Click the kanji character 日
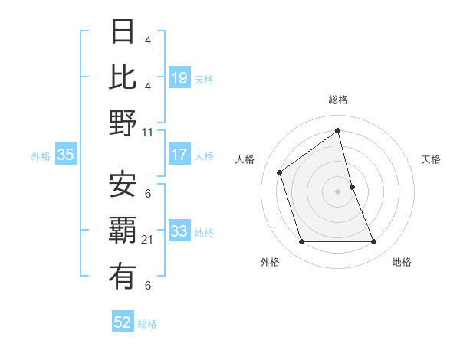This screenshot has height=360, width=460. tap(123, 31)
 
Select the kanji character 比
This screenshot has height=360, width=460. tap(123, 77)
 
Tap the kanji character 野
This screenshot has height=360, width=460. tap(123, 123)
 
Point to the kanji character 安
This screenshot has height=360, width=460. tap(123, 184)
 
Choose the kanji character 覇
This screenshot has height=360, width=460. tap(123, 231)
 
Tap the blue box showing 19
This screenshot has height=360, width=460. tap(179, 78)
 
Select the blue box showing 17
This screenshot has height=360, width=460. tap(179, 155)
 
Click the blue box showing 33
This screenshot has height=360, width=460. tap(179, 231)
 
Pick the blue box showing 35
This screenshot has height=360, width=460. tap(66, 155)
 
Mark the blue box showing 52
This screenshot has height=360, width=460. tap(123, 322)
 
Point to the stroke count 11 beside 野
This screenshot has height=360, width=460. tap(148, 133)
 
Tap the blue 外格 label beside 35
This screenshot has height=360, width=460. tap(41, 155)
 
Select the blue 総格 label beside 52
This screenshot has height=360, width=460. tap(147, 323)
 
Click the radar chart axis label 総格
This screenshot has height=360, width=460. tap(337, 100)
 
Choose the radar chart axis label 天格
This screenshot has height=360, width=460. tap(431, 160)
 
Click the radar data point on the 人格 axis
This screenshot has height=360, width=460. tap(280, 172)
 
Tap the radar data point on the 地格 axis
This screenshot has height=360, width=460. tap(373, 242)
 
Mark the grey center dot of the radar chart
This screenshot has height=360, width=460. tap(337, 191)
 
